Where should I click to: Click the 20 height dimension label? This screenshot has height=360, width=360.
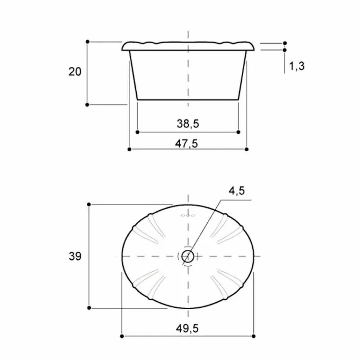tap(75, 71)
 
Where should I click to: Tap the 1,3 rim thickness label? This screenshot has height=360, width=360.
tap(297, 66)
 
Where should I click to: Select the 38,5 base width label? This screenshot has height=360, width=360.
tap(188, 123)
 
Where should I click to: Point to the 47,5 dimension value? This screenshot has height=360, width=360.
tap(188, 143)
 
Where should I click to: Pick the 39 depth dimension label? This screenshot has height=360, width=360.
tap(75, 257)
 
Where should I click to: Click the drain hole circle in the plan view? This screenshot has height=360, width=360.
tap(188, 256)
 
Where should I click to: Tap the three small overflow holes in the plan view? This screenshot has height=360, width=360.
tap(188, 216)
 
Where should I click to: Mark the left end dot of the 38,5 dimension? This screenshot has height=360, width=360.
tap(137, 132)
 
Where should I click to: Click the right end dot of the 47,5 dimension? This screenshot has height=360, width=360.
tap(247, 149)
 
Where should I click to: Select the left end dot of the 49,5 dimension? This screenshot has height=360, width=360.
tap(122, 336)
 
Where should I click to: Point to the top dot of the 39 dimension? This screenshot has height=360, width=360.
tap(89, 204)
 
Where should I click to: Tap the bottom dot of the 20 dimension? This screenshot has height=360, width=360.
tap(88, 104)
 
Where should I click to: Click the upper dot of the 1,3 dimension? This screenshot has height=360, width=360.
tap(285, 43)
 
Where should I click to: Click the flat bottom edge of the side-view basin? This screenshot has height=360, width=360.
tap(188, 100)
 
